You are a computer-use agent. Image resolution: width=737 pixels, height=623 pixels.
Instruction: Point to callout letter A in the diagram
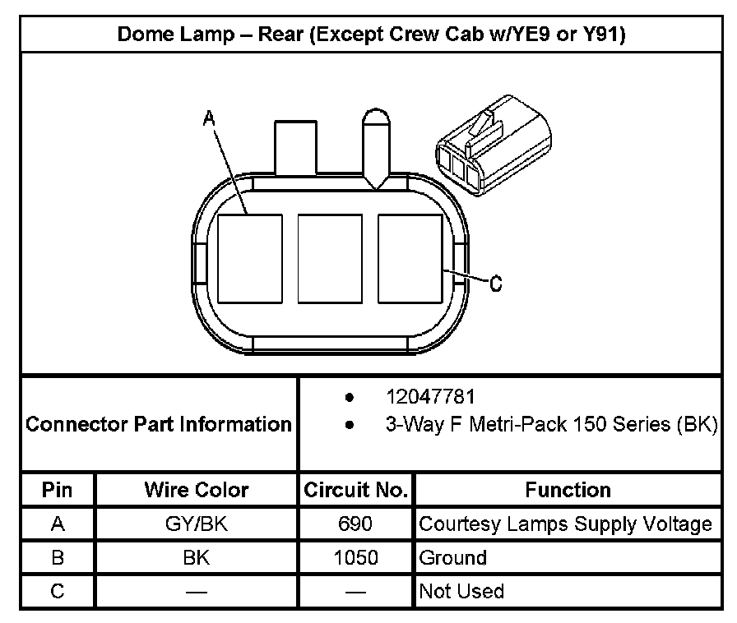pyautogui.click(x=209, y=120)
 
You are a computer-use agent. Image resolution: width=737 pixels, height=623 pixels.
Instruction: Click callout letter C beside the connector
pyautogui.click(x=495, y=284)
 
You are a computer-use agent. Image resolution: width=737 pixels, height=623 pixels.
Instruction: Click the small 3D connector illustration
pyautogui.click(x=491, y=151)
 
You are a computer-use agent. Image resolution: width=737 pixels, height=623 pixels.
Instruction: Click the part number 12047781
pyautogui.click(x=430, y=398)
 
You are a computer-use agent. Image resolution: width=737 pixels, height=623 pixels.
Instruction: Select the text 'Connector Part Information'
pyautogui.click(x=159, y=425)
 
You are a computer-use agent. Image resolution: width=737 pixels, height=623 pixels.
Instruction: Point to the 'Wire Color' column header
pyautogui.click(x=197, y=491)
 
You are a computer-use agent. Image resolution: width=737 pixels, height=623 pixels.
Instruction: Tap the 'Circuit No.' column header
pyautogui.click(x=355, y=491)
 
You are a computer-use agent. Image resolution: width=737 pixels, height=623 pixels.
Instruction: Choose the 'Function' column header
pyautogui.click(x=568, y=491)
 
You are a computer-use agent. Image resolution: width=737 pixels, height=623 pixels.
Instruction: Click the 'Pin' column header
pyautogui.click(x=58, y=491)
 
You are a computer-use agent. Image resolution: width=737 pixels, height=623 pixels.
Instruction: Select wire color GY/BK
pyautogui.click(x=197, y=524)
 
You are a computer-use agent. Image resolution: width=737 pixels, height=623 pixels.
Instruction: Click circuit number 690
pyautogui.click(x=355, y=524)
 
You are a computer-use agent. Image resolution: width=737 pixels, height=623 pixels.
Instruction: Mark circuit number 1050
pyautogui.click(x=355, y=558)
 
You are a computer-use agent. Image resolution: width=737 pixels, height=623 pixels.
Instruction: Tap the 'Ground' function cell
pyautogui.click(x=453, y=558)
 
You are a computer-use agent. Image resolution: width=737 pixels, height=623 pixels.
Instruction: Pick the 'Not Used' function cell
pyautogui.click(x=461, y=591)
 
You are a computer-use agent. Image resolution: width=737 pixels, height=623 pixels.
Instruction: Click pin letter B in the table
pyautogui.click(x=58, y=558)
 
